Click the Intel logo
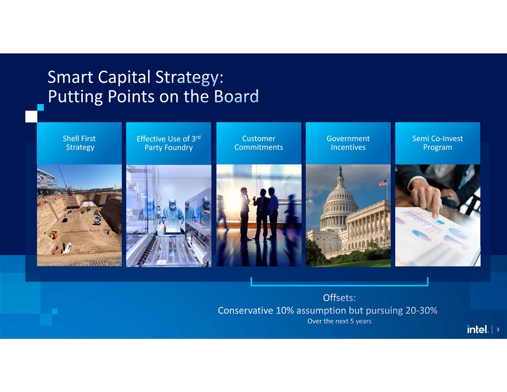(478, 329)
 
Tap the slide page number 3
(497, 330)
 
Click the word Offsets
(339, 297)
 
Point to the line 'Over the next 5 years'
(339, 321)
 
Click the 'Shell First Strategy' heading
(80, 143)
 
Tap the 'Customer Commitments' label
(259, 143)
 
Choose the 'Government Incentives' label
(348, 143)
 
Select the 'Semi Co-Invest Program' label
(437, 143)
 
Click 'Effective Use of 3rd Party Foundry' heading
(169, 143)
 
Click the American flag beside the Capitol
(383, 183)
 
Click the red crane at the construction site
(64, 180)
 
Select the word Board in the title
(236, 96)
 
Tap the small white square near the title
(31, 116)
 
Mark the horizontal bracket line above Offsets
(339, 285)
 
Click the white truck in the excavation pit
(68, 248)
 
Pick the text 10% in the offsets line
(285, 310)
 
